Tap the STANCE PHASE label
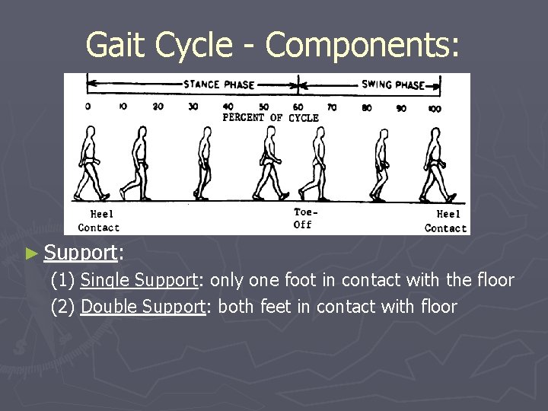click(218, 84)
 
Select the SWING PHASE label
click(393, 84)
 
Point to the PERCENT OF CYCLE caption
click(270, 118)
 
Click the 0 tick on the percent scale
click(88, 107)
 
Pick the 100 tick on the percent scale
click(435, 108)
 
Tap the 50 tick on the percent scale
click(264, 107)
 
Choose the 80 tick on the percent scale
click(367, 108)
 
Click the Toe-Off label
click(302, 218)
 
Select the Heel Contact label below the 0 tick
click(99, 221)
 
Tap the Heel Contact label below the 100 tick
click(445, 221)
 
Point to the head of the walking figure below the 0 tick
click(90, 133)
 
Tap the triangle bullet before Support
click(30, 252)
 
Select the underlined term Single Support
click(139, 280)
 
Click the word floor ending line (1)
click(495, 280)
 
